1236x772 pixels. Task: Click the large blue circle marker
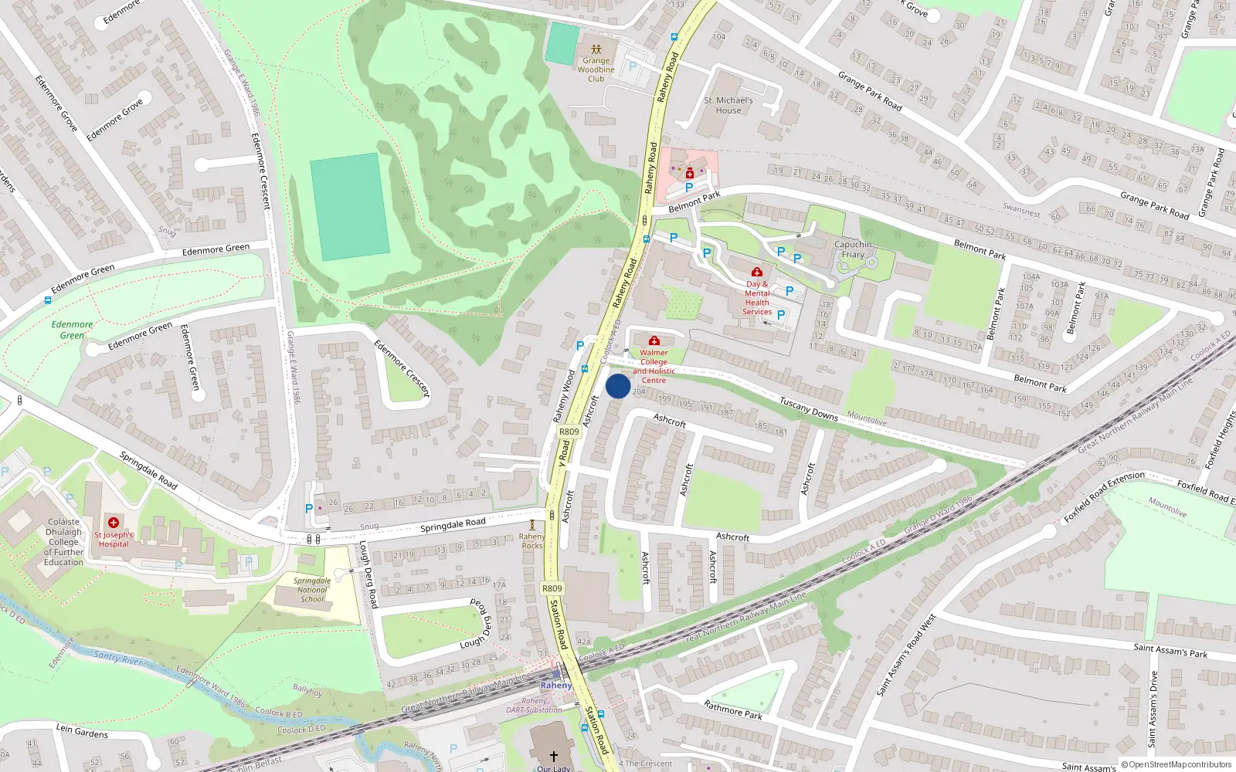tap(618, 386)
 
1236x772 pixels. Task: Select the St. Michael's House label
tap(728, 105)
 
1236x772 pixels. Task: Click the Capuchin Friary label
tap(853, 249)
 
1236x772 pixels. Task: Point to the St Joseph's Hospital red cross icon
tap(114, 523)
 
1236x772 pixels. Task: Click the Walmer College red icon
tap(654, 340)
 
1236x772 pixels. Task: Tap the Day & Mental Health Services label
tap(757, 298)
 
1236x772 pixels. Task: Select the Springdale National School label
tap(312, 590)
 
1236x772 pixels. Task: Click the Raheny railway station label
tap(556, 686)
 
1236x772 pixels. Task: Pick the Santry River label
tap(117, 658)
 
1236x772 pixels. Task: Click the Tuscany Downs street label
tap(808, 409)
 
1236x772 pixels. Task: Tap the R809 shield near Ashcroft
tap(569, 432)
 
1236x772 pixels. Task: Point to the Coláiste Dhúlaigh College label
tap(63, 542)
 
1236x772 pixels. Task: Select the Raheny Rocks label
tap(532, 541)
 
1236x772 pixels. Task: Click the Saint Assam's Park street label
tap(1170, 651)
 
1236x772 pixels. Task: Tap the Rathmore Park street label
tap(733, 709)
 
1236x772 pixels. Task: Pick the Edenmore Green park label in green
tap(72, 330)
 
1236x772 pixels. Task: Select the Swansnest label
tap(1021, 210)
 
